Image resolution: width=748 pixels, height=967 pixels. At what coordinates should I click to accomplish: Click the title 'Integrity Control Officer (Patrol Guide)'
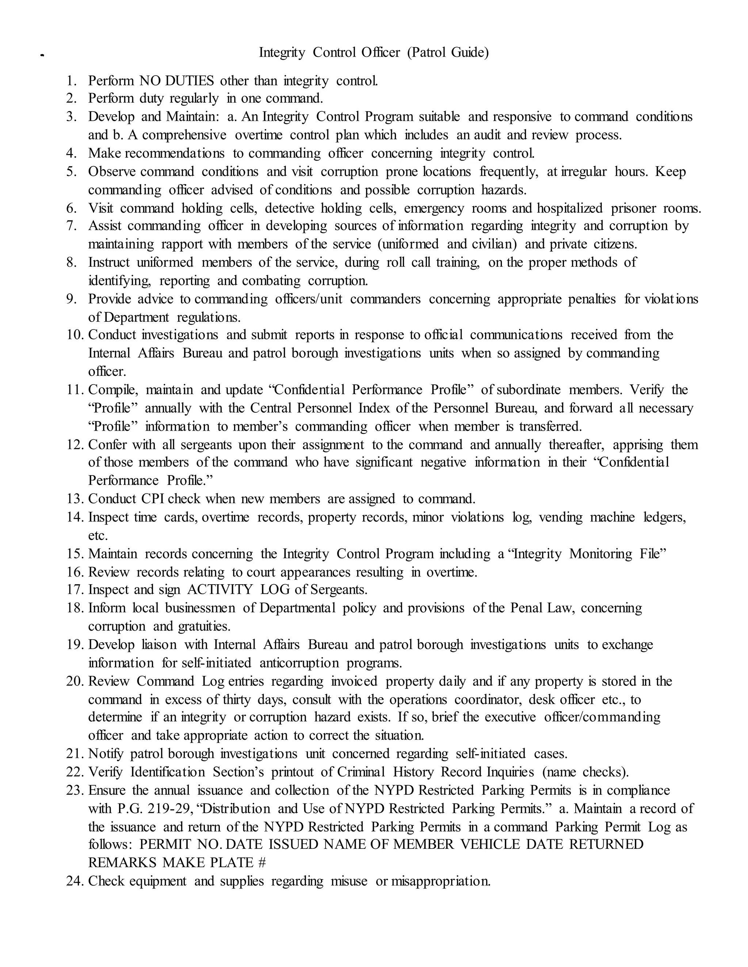(x=374, y=53)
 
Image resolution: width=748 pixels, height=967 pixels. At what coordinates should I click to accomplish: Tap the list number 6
(x=72, y=208)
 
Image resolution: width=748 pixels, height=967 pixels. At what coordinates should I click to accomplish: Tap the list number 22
(x=75, y=772)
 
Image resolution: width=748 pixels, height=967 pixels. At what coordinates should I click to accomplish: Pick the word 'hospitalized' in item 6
(x=569, y=208)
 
